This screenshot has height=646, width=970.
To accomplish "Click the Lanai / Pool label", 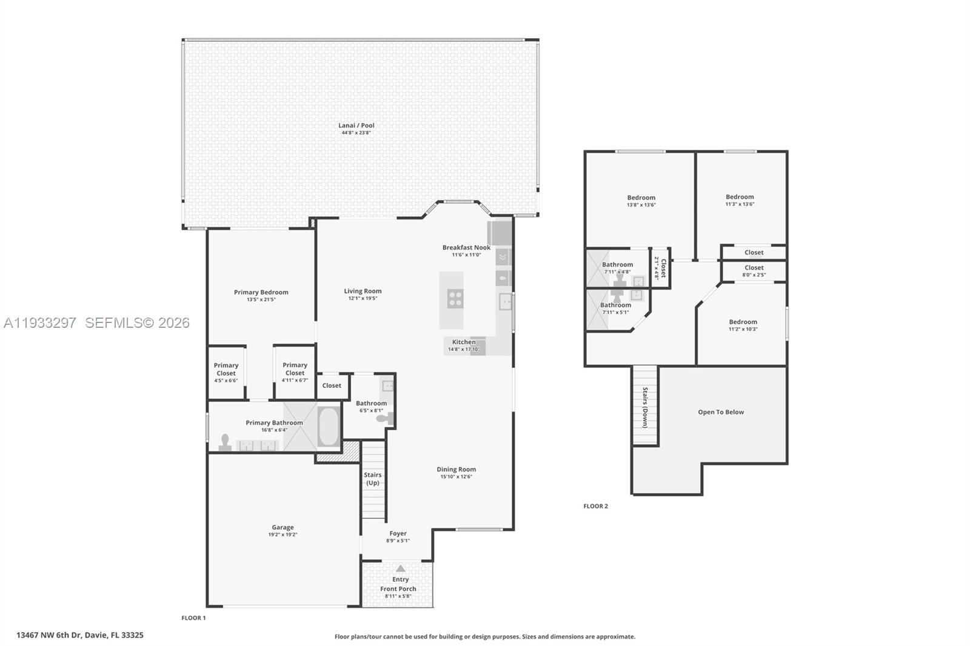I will click(x=356, y=125).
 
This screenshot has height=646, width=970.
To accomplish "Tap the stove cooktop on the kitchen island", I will click(x=455, y=299).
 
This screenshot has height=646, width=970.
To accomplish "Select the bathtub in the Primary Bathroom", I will click(x=329, y=427).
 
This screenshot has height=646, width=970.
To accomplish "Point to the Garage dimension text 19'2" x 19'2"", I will click(x=283, y=534).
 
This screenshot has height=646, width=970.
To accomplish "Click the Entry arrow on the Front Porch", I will click(x=400, y=568).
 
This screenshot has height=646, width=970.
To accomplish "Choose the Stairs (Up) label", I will click(x=373, y=479).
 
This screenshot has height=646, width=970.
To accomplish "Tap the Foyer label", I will click(x=398, y=533).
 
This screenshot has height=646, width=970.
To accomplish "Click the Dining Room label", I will click(x=456, y=469).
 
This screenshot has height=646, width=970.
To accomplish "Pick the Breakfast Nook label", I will click(x=466, y=247).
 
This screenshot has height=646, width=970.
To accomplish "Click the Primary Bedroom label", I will click(x=261, y=292).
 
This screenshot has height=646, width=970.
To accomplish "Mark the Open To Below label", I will click(x=720, y=412).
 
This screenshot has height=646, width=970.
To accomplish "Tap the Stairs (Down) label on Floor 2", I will click(x=645, y=407).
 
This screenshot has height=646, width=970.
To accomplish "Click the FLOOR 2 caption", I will click(x=595, y=506).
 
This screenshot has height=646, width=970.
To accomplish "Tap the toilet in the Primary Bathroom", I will click(x=225, y=442).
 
